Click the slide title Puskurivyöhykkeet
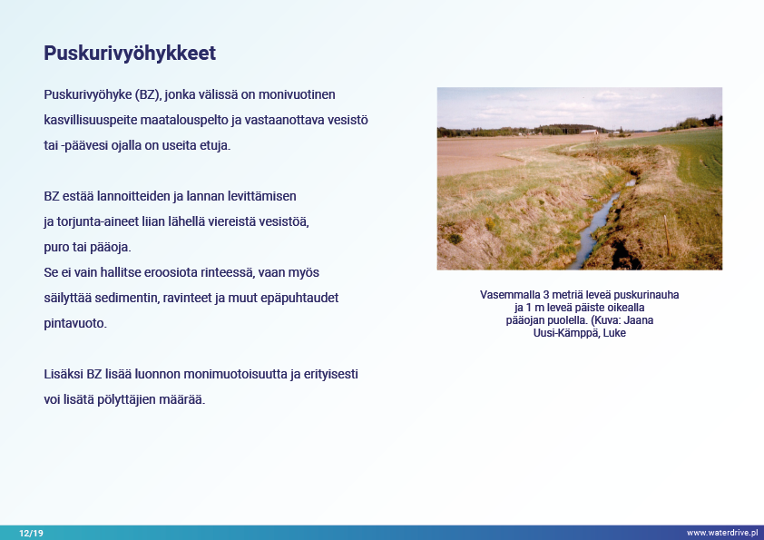click(130, 54)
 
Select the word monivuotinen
click(297, 94)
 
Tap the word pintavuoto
click(75, 324)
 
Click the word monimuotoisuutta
click(235, 374)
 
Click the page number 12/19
click(31, 533)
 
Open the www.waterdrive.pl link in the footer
click(722, 533)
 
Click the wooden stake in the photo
click(667, 235)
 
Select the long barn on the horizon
click(589, 132)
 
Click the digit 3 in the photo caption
click(545, 295)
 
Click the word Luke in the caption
click(614, 333)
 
